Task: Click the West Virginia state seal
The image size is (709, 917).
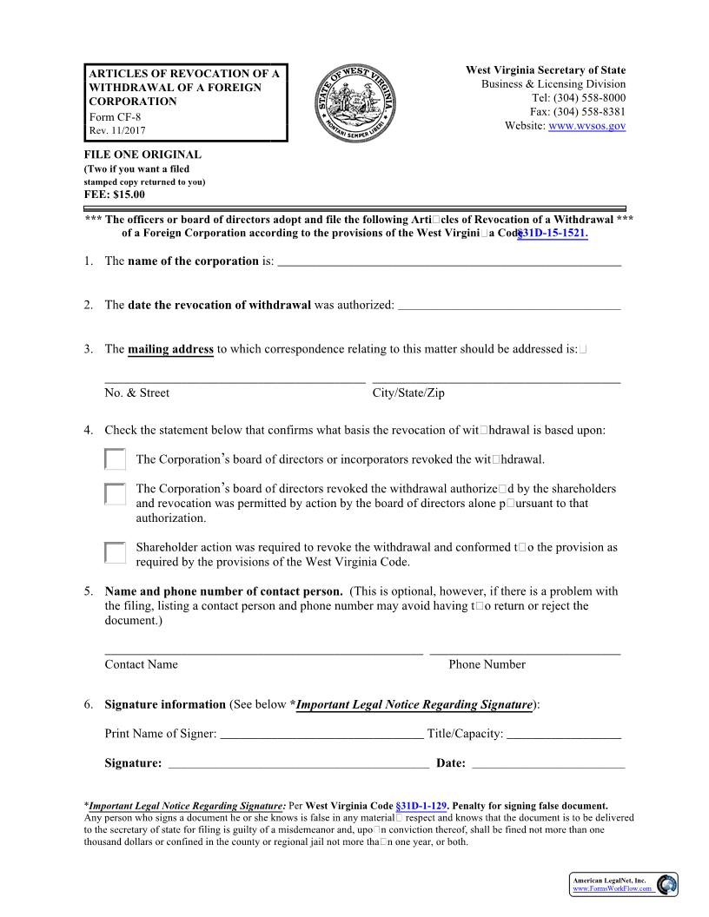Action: [359, 103]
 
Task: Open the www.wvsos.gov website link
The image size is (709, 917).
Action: [587, 126]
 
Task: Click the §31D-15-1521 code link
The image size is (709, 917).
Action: [553, 234]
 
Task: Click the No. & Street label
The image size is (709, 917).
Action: [137, 393]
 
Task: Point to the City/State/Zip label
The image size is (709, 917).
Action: [408, 393]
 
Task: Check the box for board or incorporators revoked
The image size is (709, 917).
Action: [115, 459]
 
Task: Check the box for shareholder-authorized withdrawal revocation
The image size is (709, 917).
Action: [115, 494]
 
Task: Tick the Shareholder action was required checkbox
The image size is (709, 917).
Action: [115, 552]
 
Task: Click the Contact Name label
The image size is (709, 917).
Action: [141, 664]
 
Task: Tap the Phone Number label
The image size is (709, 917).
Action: [487, 664]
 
